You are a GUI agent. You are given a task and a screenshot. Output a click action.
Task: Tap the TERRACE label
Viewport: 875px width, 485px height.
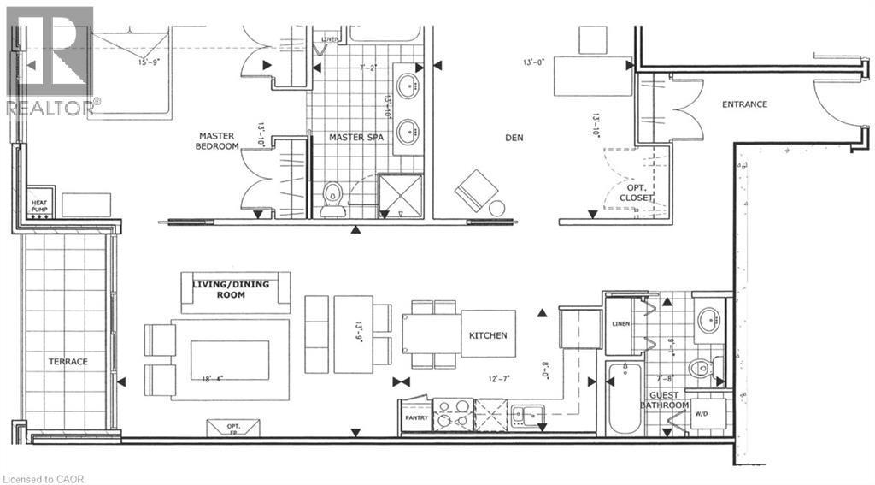pos(68,361)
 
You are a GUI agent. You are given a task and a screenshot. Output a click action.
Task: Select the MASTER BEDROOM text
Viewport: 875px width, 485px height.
pos(218,141)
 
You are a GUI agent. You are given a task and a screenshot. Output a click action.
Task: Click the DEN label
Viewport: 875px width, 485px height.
pos(514,138)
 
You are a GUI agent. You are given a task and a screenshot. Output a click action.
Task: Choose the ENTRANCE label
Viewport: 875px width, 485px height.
pos(744,104)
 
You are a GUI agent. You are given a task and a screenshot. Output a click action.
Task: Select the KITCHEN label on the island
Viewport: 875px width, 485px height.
pos(487,335)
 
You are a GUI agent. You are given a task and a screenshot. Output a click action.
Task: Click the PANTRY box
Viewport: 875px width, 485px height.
pos(416,417)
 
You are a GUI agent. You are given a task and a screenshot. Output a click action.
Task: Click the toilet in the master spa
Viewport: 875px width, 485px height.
pos(332,197)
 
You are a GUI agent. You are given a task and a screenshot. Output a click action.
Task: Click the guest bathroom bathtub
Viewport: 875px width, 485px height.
pos(626,402)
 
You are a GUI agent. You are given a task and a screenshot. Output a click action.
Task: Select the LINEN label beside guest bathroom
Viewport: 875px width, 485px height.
pos(621,323)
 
